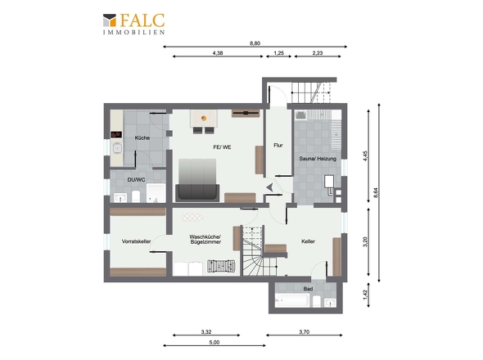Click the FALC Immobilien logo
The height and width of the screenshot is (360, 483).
click(x=133, y=24)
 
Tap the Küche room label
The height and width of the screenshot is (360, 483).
click(x=142, y=138)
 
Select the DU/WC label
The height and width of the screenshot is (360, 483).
click(x=136, y=179)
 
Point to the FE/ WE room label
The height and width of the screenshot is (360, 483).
click(x=222, y=147)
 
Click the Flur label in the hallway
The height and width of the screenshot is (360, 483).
click(x=278, y=146)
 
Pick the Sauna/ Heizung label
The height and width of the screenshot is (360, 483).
click(x=318, y=159)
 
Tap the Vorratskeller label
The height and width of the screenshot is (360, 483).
click(x=136, y=241)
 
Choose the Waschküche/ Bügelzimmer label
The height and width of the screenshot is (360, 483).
click(x=205, y=240)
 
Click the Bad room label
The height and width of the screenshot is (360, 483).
click(x=308, y=289)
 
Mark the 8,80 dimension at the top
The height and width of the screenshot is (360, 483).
click(x=255, y=43)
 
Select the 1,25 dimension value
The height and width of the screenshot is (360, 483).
click(x=279, y=53)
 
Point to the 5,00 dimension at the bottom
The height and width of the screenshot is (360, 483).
click(x=214, y=343)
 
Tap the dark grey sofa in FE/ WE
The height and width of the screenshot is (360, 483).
click(x=197, y=193)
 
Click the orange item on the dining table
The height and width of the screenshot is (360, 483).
click(x=204, y=118)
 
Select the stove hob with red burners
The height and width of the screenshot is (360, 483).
click(x=116, y=134)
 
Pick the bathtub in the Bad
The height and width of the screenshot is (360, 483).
click(x=291, y=300)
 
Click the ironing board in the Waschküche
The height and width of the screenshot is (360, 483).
click(x=192, y=217)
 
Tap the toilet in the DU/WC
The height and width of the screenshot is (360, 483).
click(x=136, y=196)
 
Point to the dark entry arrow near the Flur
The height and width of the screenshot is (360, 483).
click(x=269, y=187)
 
